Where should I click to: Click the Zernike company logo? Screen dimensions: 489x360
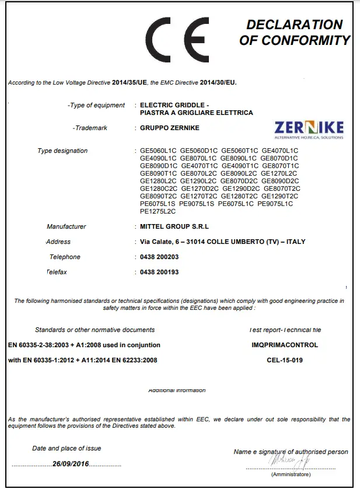[x=309, y=130]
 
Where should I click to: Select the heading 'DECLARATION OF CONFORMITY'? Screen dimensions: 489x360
[x=294, y=33]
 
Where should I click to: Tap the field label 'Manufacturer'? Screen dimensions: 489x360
[x=67, y=226]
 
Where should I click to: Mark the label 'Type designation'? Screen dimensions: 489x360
[x=62, y=151]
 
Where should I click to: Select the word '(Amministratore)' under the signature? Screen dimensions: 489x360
[x=291, y=474]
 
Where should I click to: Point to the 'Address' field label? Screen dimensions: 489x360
[x=58, y=242]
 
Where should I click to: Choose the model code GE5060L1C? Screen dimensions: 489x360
[x=158, y=151]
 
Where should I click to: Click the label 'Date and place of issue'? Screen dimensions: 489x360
[x=67, y=448]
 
